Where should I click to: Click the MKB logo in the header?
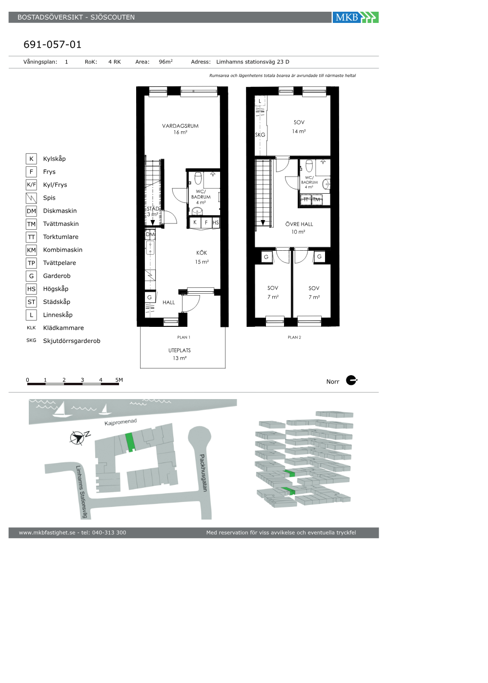coord(355,18)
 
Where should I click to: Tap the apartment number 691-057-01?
coord(53,44)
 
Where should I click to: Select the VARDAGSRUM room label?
coord(180,126)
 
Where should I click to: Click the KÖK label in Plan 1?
coord(202,253)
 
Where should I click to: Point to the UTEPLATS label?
coord(180,351)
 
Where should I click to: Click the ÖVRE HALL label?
coord(299,224)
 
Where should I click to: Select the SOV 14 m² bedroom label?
coord(299,126)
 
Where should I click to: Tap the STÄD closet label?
coord(153,209)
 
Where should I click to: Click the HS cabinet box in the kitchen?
coord(216,222)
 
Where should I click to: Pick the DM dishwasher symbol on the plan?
coord(150,235)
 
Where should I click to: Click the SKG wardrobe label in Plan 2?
coord(260,135)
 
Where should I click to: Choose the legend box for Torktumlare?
coord(31,237)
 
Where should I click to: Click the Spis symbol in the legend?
coord(31,198)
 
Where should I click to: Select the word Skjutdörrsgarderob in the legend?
coord(72,341)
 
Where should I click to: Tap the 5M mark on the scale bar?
coord(119,380)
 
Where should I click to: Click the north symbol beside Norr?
coord(351,380)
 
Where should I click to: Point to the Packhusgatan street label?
coord(203,473)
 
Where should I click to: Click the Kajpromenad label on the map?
coord(121,422)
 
